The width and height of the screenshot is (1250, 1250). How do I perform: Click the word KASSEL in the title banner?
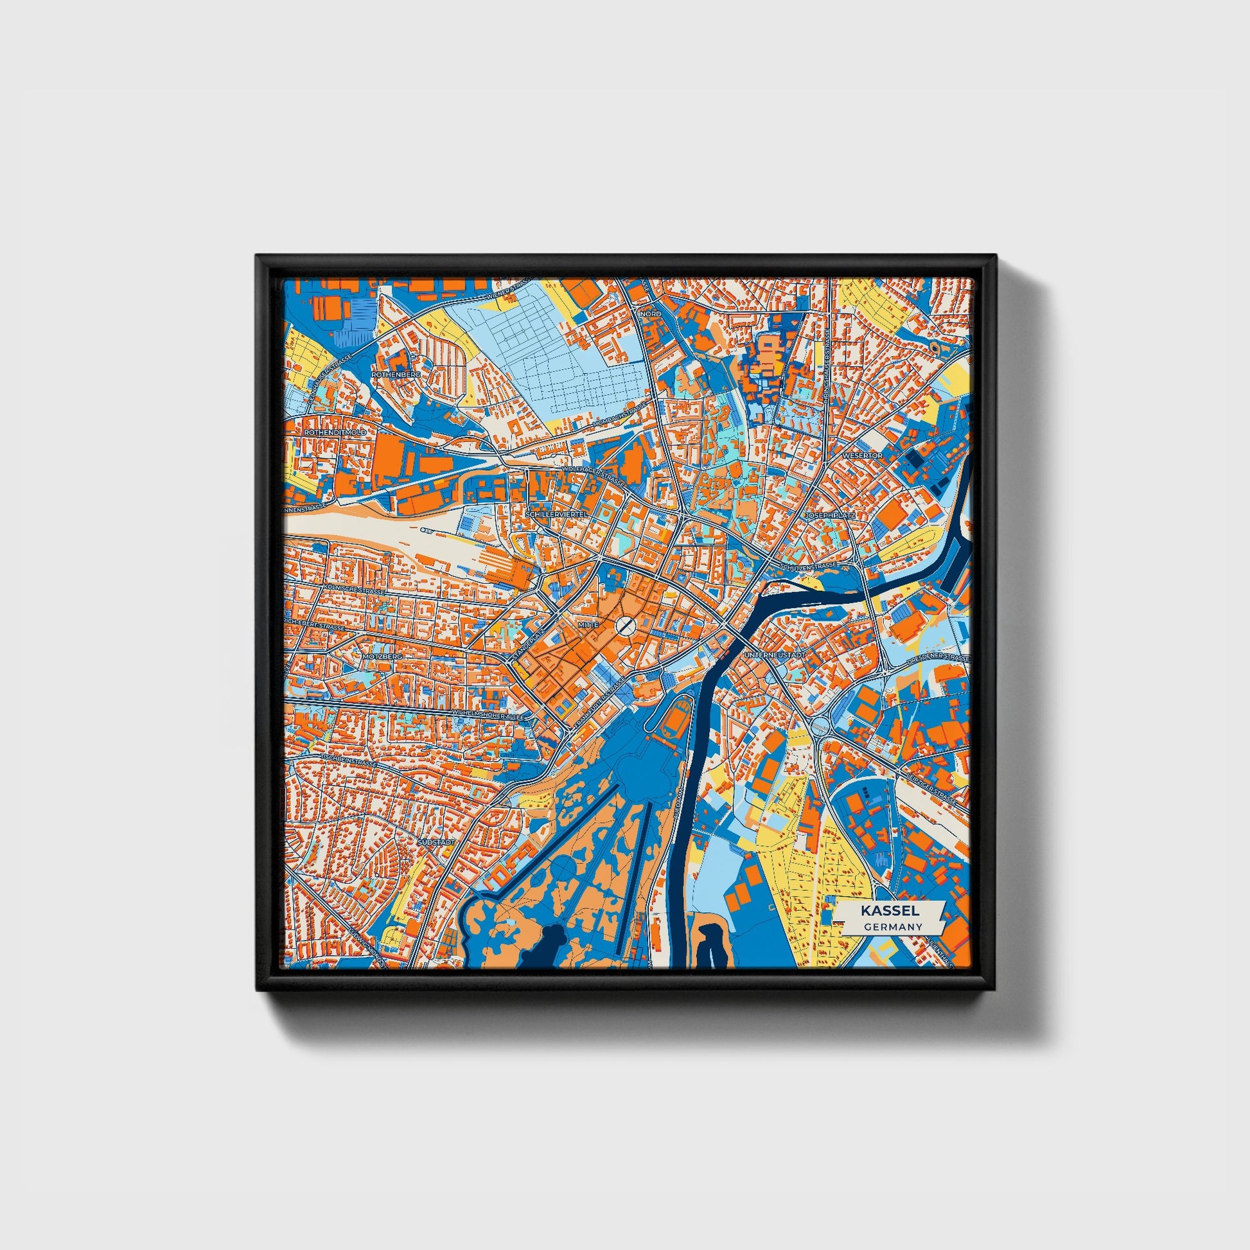[x=890, y=911]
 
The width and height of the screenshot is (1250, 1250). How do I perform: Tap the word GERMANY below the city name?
[x=892, y=927]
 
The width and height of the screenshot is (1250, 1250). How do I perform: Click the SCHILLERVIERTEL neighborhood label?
[x=557, y=513]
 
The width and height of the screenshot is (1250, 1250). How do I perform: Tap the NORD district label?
[x=650, y=314]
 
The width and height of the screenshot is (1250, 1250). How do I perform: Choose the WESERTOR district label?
[x=863, y=455]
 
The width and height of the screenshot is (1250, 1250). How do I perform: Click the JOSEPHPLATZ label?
[x=830, y=516]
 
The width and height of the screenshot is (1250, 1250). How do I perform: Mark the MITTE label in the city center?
[x=590, y=624]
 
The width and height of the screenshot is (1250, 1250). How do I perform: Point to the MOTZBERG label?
[x=383, y=656]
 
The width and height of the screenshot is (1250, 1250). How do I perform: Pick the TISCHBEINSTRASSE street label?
[x=349, y=762]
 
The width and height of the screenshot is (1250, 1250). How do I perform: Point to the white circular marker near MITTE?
[x=625, y=624]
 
